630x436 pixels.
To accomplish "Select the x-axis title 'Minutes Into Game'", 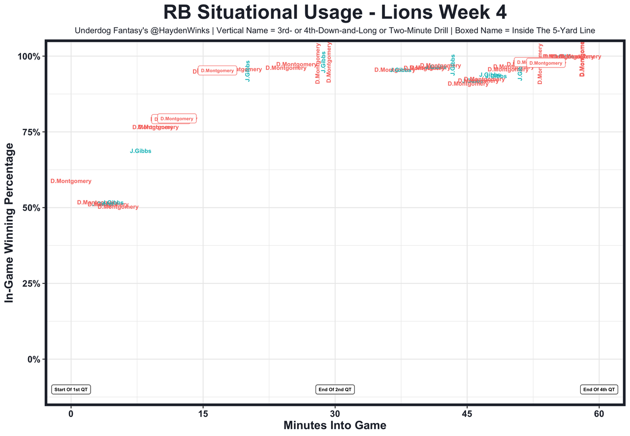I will coord(335,426).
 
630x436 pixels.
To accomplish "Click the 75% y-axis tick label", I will coord(31,132).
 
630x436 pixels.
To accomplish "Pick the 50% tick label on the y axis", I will coord(31,208).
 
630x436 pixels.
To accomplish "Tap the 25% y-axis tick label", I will coord(31,284).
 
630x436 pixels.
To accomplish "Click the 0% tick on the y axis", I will coord(33,360).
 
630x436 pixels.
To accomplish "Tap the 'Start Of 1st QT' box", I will coord(71,390).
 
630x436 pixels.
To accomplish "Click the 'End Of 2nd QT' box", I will coord(335,390).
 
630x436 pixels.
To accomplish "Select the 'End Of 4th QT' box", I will coord(598,390).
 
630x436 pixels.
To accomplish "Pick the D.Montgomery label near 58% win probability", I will coord(71,181).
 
